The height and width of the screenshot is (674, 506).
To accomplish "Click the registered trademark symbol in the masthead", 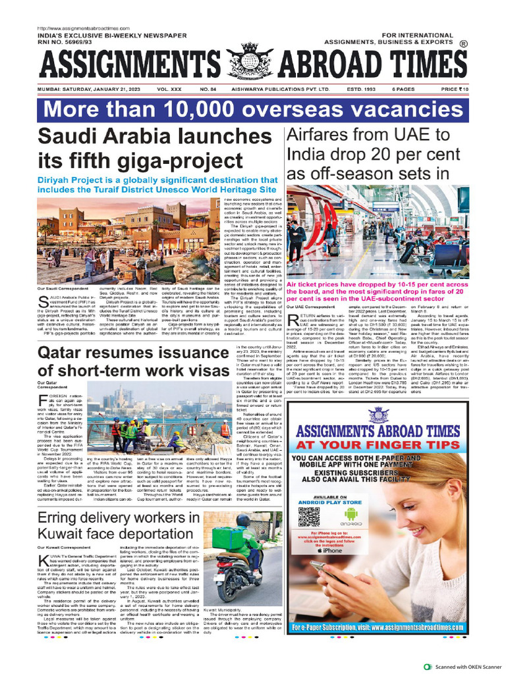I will coord(463,45).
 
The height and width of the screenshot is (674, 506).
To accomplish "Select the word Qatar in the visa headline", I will coord(66,353).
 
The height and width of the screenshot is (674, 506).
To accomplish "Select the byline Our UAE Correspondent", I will coord(306,307).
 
